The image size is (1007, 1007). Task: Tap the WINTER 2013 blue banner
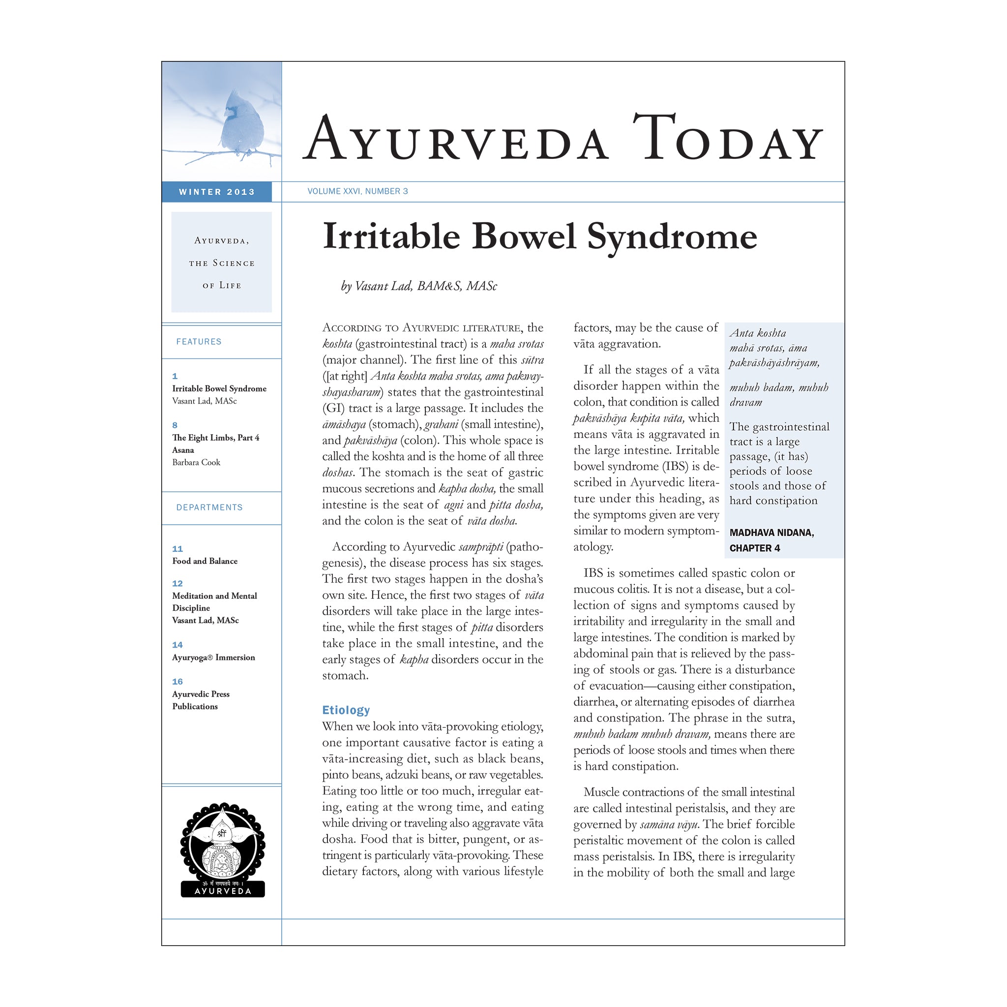tap(217, 192)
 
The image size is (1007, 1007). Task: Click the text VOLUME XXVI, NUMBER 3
tap(357, 191)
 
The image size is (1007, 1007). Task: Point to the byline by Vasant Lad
tap(419, 286)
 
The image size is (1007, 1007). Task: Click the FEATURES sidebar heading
tap(199, 342)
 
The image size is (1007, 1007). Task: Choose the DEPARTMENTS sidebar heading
tap(209, 507)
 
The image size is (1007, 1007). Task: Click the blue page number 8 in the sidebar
tap(175, 425)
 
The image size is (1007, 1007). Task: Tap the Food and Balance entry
tap(205, 561)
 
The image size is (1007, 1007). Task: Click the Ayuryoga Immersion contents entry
tap(214, 657)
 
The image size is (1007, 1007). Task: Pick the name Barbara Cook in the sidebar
tap(197, 462)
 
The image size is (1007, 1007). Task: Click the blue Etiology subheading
tap(346, 710)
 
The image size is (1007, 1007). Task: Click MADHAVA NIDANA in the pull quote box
tap(771, 533)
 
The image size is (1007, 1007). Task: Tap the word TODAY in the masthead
tap(728, 138)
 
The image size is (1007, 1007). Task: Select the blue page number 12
tap(178, 584)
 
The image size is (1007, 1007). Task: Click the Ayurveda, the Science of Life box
tap(222, 262)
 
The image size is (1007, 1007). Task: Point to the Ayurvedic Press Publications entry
tap(201, 700)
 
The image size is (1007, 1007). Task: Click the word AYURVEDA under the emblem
tap(223, 891)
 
